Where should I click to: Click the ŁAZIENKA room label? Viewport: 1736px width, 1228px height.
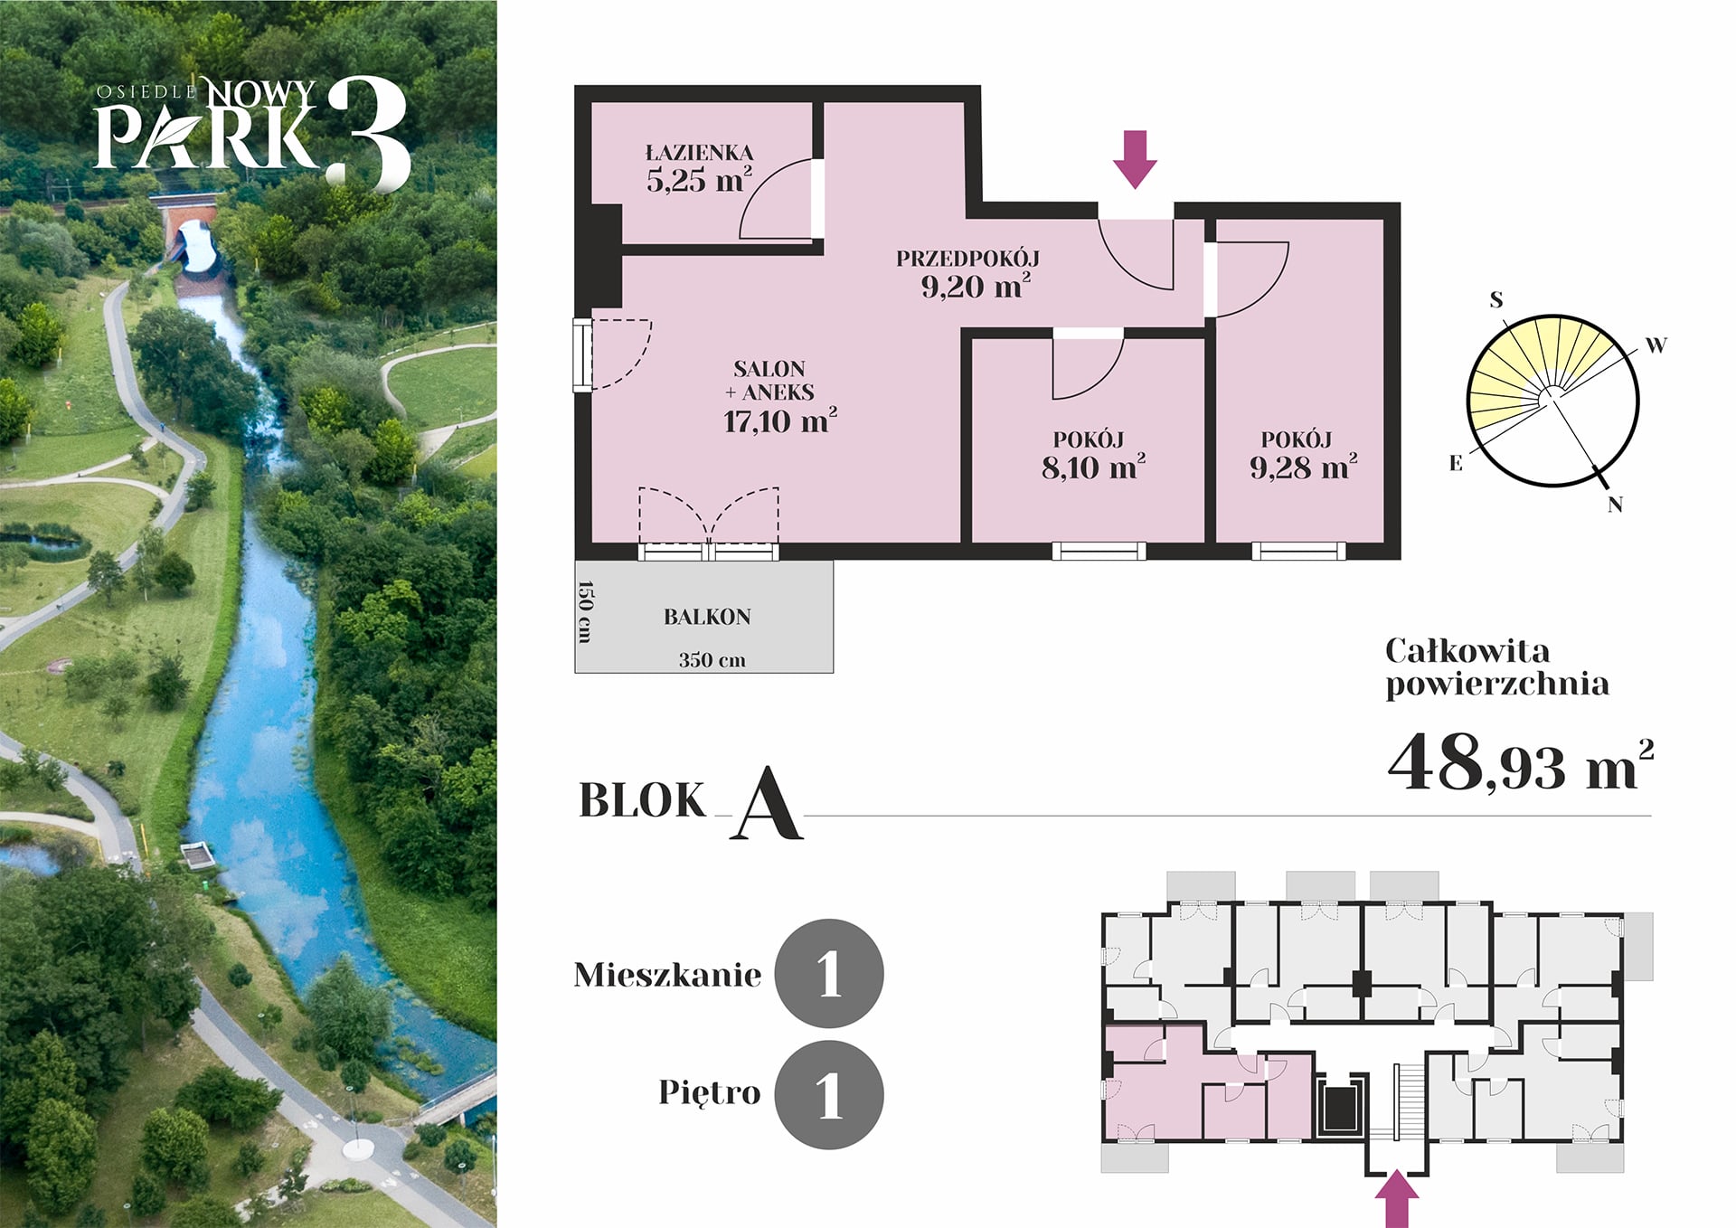[699, 153]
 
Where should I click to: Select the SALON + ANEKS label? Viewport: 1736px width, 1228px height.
[770, 381]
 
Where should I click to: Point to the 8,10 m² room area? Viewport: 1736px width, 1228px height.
[1093, 468]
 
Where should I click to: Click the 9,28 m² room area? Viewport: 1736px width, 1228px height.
[1303, 468]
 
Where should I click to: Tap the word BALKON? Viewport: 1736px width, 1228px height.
[707, 617]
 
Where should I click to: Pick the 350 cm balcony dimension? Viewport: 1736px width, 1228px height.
[712, 660]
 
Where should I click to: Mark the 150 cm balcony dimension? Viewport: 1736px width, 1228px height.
[585, 612]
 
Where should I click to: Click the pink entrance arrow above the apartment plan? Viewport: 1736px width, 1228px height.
[1135, 159]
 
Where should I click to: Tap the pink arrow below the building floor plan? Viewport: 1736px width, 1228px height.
[1397, 1198]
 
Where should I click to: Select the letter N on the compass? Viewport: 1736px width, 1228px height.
[1615, 505]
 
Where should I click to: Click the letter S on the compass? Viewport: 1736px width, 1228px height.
[1496, 299]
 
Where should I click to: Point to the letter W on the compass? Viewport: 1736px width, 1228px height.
[1656, 345]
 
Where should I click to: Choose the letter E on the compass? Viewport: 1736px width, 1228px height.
[1456, 463]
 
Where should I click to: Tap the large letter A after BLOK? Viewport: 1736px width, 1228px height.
[767, 804]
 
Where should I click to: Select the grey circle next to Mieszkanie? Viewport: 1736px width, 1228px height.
[829, 974]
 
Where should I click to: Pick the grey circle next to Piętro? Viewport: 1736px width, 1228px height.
[829, 1094]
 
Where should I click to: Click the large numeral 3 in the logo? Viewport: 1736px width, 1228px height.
[368, 134]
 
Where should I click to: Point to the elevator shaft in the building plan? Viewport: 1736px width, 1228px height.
[1340, 1106]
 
